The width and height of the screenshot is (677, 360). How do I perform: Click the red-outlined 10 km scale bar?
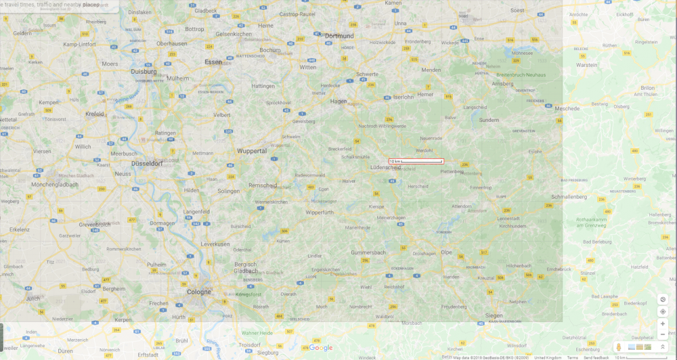click(416, 161)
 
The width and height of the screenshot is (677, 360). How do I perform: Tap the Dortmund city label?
click(339, 36)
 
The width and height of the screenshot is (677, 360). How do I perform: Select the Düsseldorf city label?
click(147, 163)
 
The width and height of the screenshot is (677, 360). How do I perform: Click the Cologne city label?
click(199, 292)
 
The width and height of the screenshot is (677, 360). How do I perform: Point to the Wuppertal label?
click(252, 151)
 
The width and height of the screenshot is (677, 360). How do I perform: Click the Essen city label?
click(213, 62)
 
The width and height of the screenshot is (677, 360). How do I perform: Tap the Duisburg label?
click(144, 71)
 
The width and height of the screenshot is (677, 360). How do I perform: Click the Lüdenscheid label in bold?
click(385, 167)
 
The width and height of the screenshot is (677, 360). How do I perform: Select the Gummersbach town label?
click(368, 252)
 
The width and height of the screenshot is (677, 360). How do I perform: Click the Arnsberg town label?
click(502, 83)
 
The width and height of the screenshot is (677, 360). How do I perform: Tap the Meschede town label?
click(567, 108)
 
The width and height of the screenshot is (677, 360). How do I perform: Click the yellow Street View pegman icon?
click(618, 347)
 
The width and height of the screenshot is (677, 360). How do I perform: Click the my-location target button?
click(663, 311)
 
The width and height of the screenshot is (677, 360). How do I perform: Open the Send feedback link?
click(596, 357)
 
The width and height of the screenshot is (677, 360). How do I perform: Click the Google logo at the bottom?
click(321, 348)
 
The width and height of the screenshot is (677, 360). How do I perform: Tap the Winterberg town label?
click(634, 179)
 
